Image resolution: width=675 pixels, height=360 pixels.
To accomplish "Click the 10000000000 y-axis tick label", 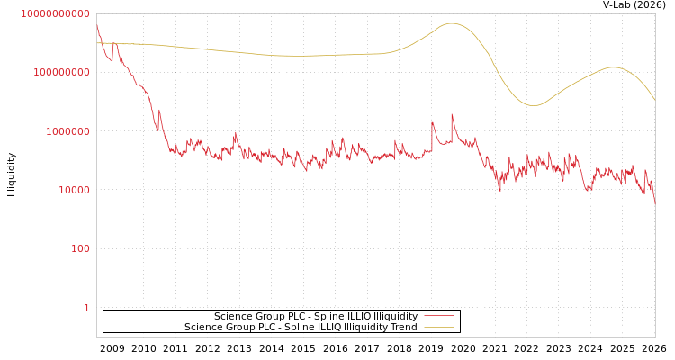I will (x=55, y=13).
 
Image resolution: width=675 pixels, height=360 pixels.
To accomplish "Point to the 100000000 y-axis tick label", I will (x=61, y=72).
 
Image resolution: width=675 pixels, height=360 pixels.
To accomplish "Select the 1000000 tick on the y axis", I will (x=67, y=131).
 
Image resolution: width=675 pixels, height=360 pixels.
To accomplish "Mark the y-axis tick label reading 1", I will (x=86, y=308).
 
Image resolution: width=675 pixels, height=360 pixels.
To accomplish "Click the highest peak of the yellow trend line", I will (x=451, y=23).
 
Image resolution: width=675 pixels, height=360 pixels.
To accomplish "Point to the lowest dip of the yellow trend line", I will (x=534, y=105).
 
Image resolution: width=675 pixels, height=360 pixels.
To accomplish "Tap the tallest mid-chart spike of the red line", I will (x=452, y=114).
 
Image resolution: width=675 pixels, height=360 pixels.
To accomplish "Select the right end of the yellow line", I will (x=654, y=99).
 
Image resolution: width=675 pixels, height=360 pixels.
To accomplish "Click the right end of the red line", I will (x=654, y=203).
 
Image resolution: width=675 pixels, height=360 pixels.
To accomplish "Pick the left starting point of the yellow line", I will (x=97, y=43).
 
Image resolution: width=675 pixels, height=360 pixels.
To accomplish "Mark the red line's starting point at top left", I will (x=97, y=24).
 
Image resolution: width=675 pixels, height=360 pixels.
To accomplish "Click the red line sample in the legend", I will (x=438, y=317).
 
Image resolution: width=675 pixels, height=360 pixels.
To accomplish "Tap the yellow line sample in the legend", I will (x=438, y=328).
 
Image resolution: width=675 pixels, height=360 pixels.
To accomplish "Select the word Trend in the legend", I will (x=402, y=328).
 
